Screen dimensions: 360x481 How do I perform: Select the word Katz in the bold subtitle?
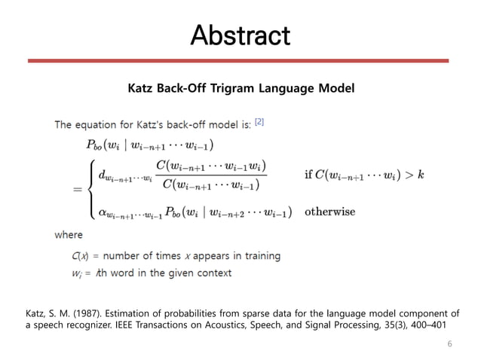point(143,89)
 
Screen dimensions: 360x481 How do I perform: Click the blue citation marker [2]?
point(259,121)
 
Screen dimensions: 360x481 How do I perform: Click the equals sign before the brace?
point(77,190)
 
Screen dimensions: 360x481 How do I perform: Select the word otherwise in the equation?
point(329,212)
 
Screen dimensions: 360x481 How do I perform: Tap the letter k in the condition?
point(421,175)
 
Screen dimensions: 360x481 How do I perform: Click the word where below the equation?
point(69,235)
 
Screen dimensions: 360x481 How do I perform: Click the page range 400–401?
point(433,324)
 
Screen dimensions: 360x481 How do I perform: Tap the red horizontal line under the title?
point(240,59)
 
